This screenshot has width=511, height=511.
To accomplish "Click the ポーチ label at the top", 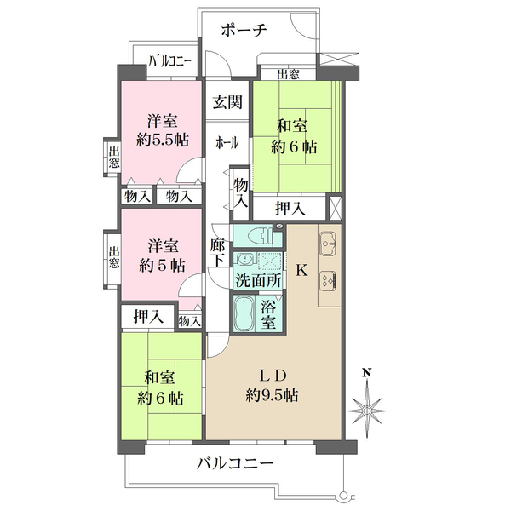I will click(x=244, y=31).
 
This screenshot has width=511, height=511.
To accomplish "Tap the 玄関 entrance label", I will click(x=227, y=103).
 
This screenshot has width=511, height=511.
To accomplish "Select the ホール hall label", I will click(x=227, y=142).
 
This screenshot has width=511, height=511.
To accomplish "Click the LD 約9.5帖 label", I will click(x=272, y=385).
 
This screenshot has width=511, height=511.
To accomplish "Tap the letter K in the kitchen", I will click(x=301, y=271).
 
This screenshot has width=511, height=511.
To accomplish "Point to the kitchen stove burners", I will click(x=328, y=279).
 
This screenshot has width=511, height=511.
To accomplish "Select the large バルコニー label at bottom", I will click(x=235, y=465).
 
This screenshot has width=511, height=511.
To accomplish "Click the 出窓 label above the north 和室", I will click(x=288, y=75).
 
